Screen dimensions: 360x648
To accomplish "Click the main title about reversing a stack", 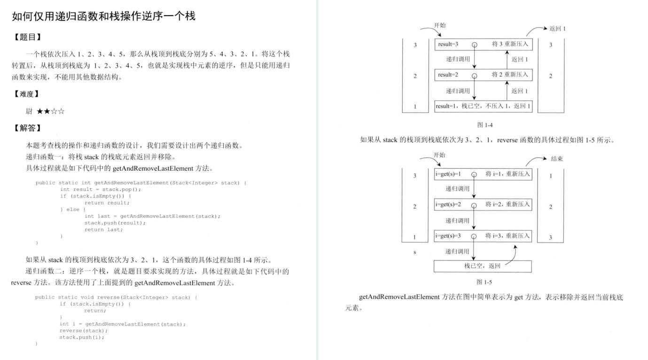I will [x=103, y=16].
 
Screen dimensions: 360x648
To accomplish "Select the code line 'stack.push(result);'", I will [x=115, y=223].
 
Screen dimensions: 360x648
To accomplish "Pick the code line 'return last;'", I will [x=103, y=229].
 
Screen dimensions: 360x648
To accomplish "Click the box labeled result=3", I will [x=483, y=45].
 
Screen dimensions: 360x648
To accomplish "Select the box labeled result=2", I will [x=483, y=75].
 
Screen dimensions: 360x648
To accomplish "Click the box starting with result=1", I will [x=483, y=106].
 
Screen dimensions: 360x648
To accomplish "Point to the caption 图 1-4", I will [x=484, y=125].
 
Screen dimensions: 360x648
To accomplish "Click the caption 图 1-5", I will [x=484, y=282].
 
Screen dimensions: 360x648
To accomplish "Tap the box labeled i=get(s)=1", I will [x=483, y=174].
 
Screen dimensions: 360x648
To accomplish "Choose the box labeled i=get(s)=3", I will [x=483, y=236].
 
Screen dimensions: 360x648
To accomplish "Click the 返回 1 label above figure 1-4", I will [x=557, y=29].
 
